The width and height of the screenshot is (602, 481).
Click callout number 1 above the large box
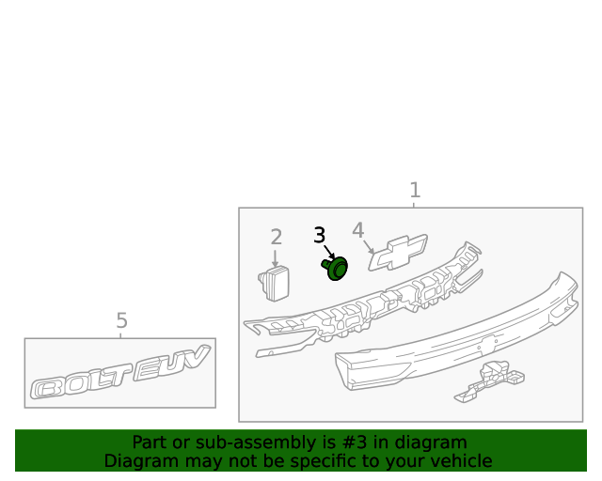(415, 191)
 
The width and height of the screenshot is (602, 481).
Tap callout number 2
(277, 237)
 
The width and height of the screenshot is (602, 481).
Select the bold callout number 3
(320, 235)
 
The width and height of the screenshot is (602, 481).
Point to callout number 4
(357, 230)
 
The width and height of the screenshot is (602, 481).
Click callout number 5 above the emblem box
(121, 320)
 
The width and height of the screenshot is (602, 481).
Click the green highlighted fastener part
(335, 268)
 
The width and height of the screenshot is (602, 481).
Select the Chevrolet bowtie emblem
(398, 253)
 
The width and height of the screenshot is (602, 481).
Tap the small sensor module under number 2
(274, 284)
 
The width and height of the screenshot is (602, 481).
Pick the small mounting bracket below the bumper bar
(489, 382)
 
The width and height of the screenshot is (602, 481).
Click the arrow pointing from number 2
(275, 258)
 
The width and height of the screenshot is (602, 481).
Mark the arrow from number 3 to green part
(329, 252)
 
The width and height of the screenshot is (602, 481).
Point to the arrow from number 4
(369, 247)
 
